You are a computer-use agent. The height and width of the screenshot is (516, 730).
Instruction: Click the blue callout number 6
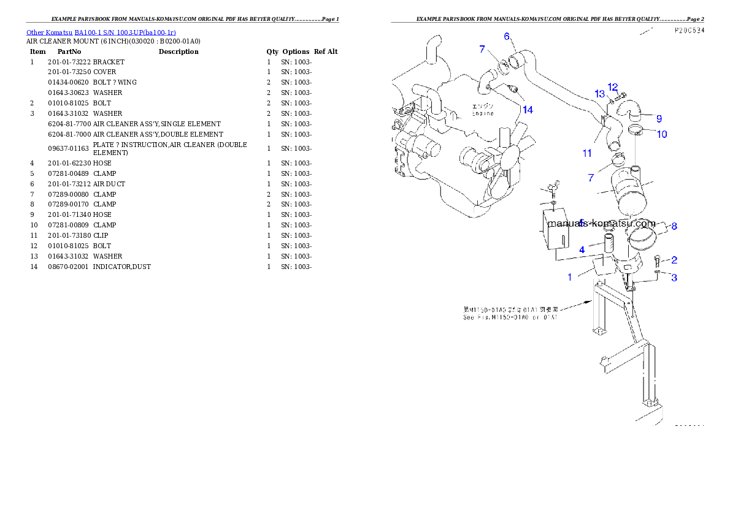pyautogui.click(x=507, y=36)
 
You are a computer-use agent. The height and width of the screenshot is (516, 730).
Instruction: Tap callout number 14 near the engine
pyautogui.click(x=528, y=110)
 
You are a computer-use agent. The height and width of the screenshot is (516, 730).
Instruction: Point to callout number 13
pyautogui.click(x=599, y=93)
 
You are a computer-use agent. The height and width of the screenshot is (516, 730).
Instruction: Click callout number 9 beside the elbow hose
pyautogui.click(x=659, y=118)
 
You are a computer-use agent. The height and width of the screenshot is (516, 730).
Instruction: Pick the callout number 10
pyautogui.click(x=662, y=134)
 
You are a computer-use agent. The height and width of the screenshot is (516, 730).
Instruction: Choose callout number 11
pyautogui.click(x=587, y=153)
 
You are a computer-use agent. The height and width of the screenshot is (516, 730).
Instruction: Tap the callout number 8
pyautogui.click(x=674, y=226)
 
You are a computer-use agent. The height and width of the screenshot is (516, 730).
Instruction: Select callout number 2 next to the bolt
pyautogui.click(x=674, y=260)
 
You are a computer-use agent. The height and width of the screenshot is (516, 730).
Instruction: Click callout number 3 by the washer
pyautogui.click(x=674, y=278)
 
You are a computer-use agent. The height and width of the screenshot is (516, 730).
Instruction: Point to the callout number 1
pyautogui.click(x=569, y=277)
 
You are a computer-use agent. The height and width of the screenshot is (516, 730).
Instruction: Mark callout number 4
pyautogui.click(x=582, y=249)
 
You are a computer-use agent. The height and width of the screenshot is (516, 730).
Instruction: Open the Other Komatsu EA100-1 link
pyautogui.click(x=101, y=32)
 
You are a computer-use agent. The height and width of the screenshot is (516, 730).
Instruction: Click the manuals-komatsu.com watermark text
pyautogui.click(x=601, y=224)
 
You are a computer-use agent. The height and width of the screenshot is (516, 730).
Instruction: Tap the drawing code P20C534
pyautogui.click(x=688, y=30)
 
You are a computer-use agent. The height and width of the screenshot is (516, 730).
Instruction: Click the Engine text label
pyautogui.click(x=483, y=113)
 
